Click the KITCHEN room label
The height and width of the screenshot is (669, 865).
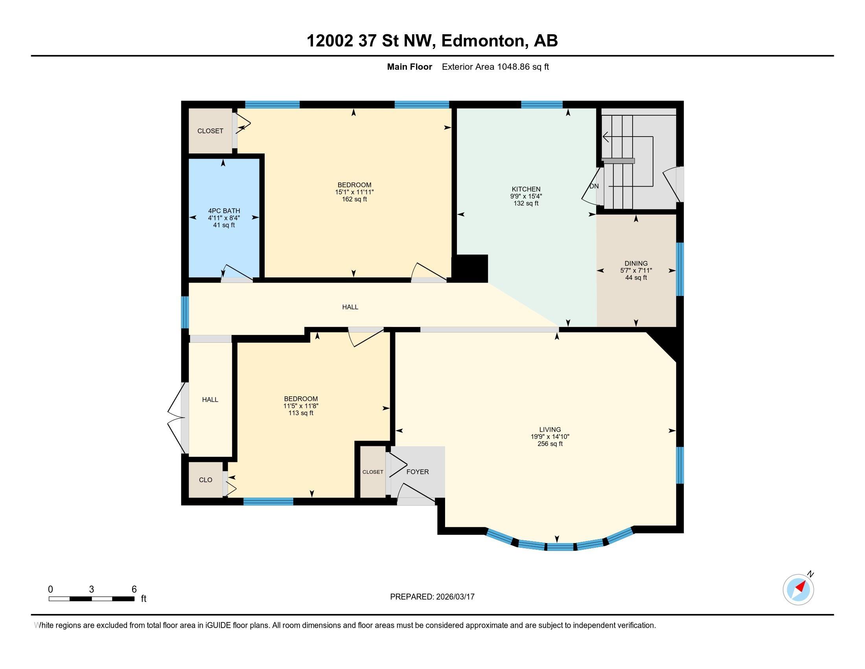click(x=526, y=189)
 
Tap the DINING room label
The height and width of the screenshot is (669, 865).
click(x=636, y=263)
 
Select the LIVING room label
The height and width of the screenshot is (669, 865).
click(x=550, y=429)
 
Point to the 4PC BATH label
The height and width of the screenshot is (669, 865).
click(x=224, y=211)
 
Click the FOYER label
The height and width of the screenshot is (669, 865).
click(x=418, y=471)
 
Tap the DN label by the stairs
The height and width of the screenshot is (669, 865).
click(x=594, y=186)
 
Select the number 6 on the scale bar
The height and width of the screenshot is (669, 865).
click(x=134, y=590)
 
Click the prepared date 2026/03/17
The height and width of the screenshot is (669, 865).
click(x=455, y=597)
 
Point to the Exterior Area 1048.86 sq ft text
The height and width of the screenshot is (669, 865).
click(x=495, y=67)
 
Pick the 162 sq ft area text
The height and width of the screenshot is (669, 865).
click(x=355, y=200)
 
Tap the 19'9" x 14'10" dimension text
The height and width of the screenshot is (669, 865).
click(x=550, y=436)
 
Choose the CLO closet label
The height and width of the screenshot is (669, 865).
click(x=206, y=480)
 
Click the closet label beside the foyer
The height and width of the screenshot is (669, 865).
click(x=373, y=472)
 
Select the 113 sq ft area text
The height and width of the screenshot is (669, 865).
click(x=301, y=413)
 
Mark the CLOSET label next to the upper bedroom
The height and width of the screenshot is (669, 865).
click(x=210, y=131)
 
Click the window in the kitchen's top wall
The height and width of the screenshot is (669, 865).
click(x=541, y=105)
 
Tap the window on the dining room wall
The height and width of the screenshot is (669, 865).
click(x=680, y=269)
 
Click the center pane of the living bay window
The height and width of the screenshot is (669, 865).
click(x=560, y=547)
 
